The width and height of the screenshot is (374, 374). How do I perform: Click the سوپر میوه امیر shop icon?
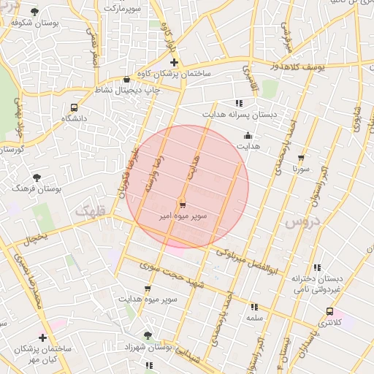(x=181, y=205)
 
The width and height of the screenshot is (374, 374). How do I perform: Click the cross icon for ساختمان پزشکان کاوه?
(x=173, y=63)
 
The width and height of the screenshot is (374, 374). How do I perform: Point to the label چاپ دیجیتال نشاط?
(x=124, y=90)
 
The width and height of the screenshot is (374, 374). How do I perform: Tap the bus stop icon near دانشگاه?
(x=72, y=105)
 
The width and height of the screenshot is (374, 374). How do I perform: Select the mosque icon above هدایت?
(x=248, y=135)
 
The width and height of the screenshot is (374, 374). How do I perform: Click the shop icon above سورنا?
(x=300, y=157)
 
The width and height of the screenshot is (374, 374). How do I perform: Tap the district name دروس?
(x=298, y=220)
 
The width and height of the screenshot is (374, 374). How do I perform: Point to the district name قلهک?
(x=90, y=213)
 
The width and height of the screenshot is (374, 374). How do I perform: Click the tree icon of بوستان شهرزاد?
(x=148, y=336)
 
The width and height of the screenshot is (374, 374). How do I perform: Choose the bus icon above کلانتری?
(x=329, y=311)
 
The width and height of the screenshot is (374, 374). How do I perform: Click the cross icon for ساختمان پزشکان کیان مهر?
(x=42, y=337)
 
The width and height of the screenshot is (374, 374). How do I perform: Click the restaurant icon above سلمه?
(x=253, y=308)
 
